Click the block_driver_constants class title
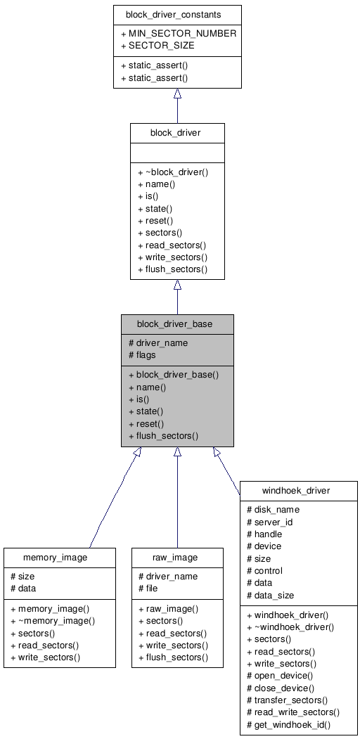(x=177, y=14)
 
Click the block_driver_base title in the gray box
(x=177, y=323)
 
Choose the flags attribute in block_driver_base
(x=142, y=354)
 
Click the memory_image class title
(x=60, y=557)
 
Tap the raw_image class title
(x=177, y=557)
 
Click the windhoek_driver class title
(x=299, y=489)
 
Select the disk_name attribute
(x=273, y=509)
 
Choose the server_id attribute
(x=271, y=522)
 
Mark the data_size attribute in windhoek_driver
(x=270, y=595)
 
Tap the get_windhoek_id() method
(x=288, y=724)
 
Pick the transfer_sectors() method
(x=287, y=700)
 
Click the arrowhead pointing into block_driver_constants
(x=177, y=94)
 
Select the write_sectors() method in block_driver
(x=172, y=257)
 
